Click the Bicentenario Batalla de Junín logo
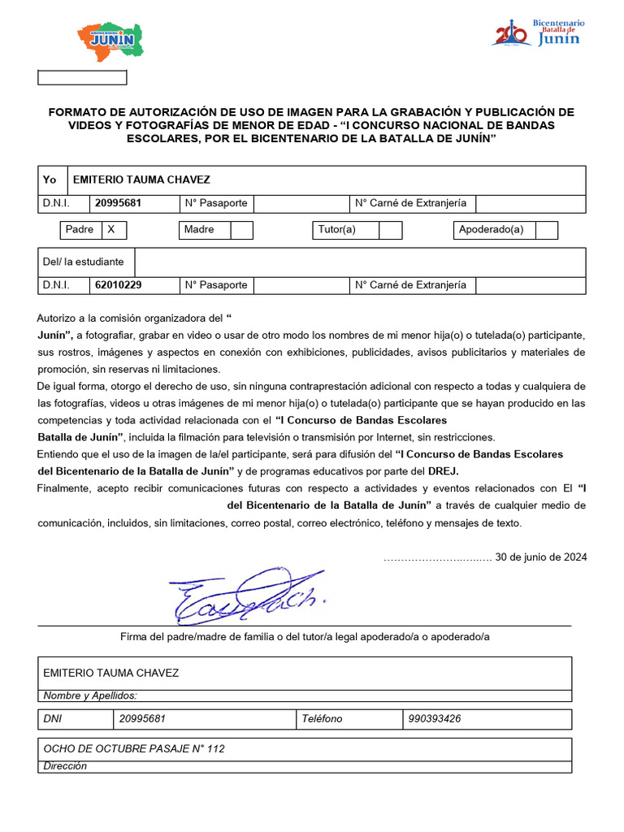point(539,33)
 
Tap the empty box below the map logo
point(83,78)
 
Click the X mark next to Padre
point(111,230)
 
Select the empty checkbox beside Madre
point(241,230)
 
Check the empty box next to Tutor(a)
point(391,230)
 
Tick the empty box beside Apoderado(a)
point(546,230)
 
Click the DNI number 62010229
point(118,285)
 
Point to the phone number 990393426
point(435,719)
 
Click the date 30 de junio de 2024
point(540,557)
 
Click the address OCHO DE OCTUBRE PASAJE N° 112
point(134,749)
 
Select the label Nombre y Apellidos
point(90,695)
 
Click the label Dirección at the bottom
point(65,766)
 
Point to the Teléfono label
point(322,719)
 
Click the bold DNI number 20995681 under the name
point(118,203)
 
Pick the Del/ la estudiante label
point(84,262)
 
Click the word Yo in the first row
point(50,180)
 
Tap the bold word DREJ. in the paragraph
point(448,471)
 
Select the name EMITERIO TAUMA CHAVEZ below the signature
point(110,673)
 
